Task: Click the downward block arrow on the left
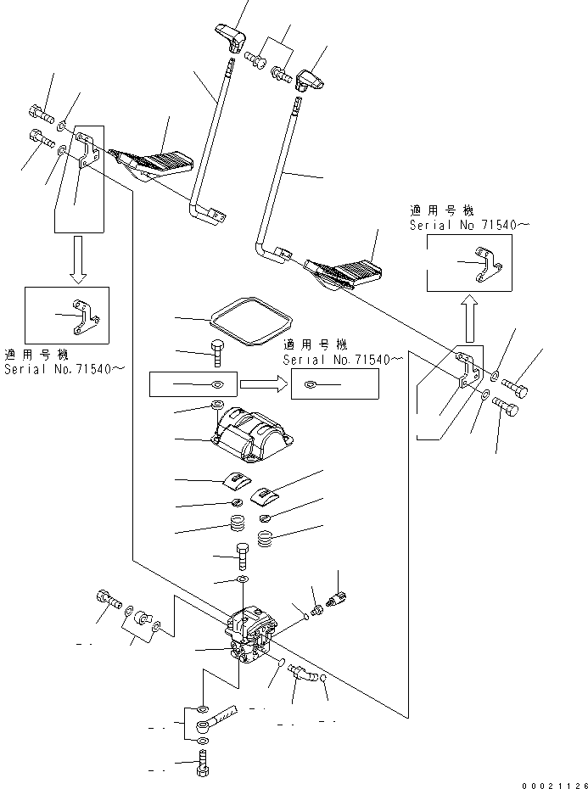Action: tap(77, 260)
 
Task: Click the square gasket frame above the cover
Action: tap(250, 322)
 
